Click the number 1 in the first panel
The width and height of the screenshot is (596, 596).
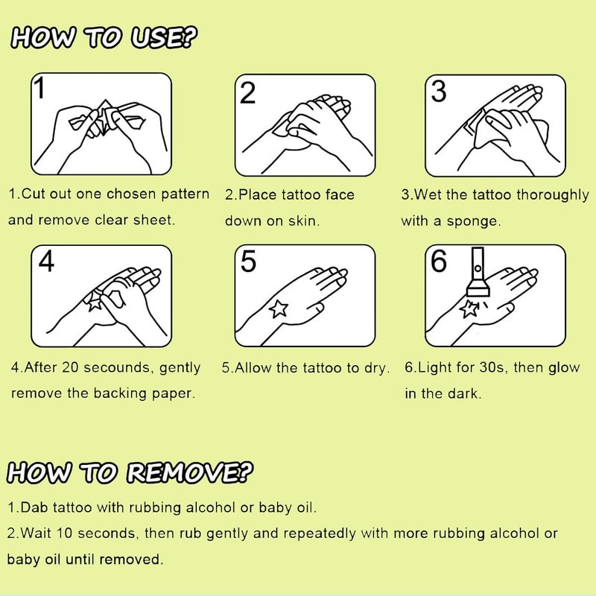pos(39,87)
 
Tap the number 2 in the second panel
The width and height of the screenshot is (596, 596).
pos(248,92)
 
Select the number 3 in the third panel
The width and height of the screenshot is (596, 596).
pos(439,92)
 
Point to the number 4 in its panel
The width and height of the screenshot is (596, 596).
pos(46,261)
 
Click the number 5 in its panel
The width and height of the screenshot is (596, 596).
pos(249,261)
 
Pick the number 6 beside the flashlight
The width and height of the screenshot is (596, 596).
pos(439,261)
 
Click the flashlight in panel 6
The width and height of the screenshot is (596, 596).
pos(478,273)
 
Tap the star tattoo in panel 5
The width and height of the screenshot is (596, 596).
pos(279,308)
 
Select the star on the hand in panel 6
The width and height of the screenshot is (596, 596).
pos(469,308)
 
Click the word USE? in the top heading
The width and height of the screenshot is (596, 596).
pos(164,38)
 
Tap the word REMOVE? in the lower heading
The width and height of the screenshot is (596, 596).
pos(190,473)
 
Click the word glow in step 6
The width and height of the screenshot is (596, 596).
pos(564,367)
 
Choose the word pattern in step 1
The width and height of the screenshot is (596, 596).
pos(185,194)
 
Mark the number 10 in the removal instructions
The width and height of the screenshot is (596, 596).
pos(64,533)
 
